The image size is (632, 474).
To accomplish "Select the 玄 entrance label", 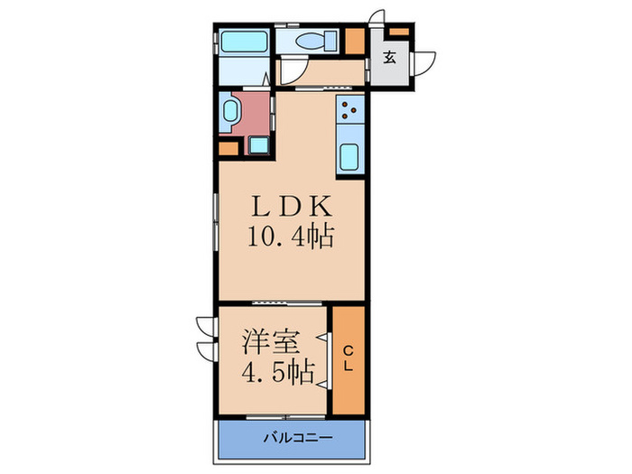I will tap(388, 60).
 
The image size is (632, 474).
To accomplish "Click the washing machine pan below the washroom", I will tap(258, 144).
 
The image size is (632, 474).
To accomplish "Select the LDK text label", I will tap(291, 207).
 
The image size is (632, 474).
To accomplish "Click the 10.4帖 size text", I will tap(291, 238).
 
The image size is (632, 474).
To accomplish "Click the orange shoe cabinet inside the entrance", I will tap(398, 33).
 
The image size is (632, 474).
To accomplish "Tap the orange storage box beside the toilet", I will tap(355, 42).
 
